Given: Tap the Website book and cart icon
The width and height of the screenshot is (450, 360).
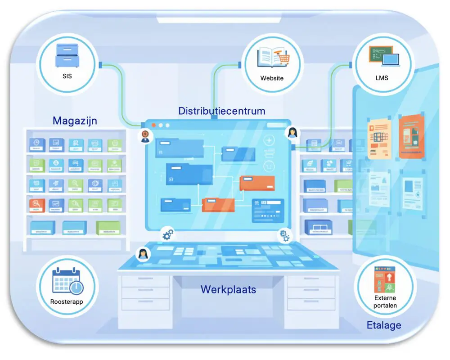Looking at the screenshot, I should [272, 58].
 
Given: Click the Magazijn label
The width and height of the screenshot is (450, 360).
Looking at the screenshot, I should [75, 121].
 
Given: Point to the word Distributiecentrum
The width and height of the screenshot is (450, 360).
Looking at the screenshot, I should [221, 111].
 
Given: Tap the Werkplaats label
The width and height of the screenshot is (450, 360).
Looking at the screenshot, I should [228, 289].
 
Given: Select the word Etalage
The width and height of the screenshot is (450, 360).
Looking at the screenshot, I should [383, 325].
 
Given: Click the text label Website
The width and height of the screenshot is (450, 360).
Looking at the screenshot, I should [272, 78].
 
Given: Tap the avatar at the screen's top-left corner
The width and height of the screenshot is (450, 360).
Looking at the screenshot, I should [145, 135].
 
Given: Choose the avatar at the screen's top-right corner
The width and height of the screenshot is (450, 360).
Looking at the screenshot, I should [292, 132].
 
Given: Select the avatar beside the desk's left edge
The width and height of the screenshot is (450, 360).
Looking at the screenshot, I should [143, 255].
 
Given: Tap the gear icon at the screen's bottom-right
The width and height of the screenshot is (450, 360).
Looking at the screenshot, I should [284, 234].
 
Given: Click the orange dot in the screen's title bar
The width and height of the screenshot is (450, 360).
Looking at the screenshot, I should [154, 125].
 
